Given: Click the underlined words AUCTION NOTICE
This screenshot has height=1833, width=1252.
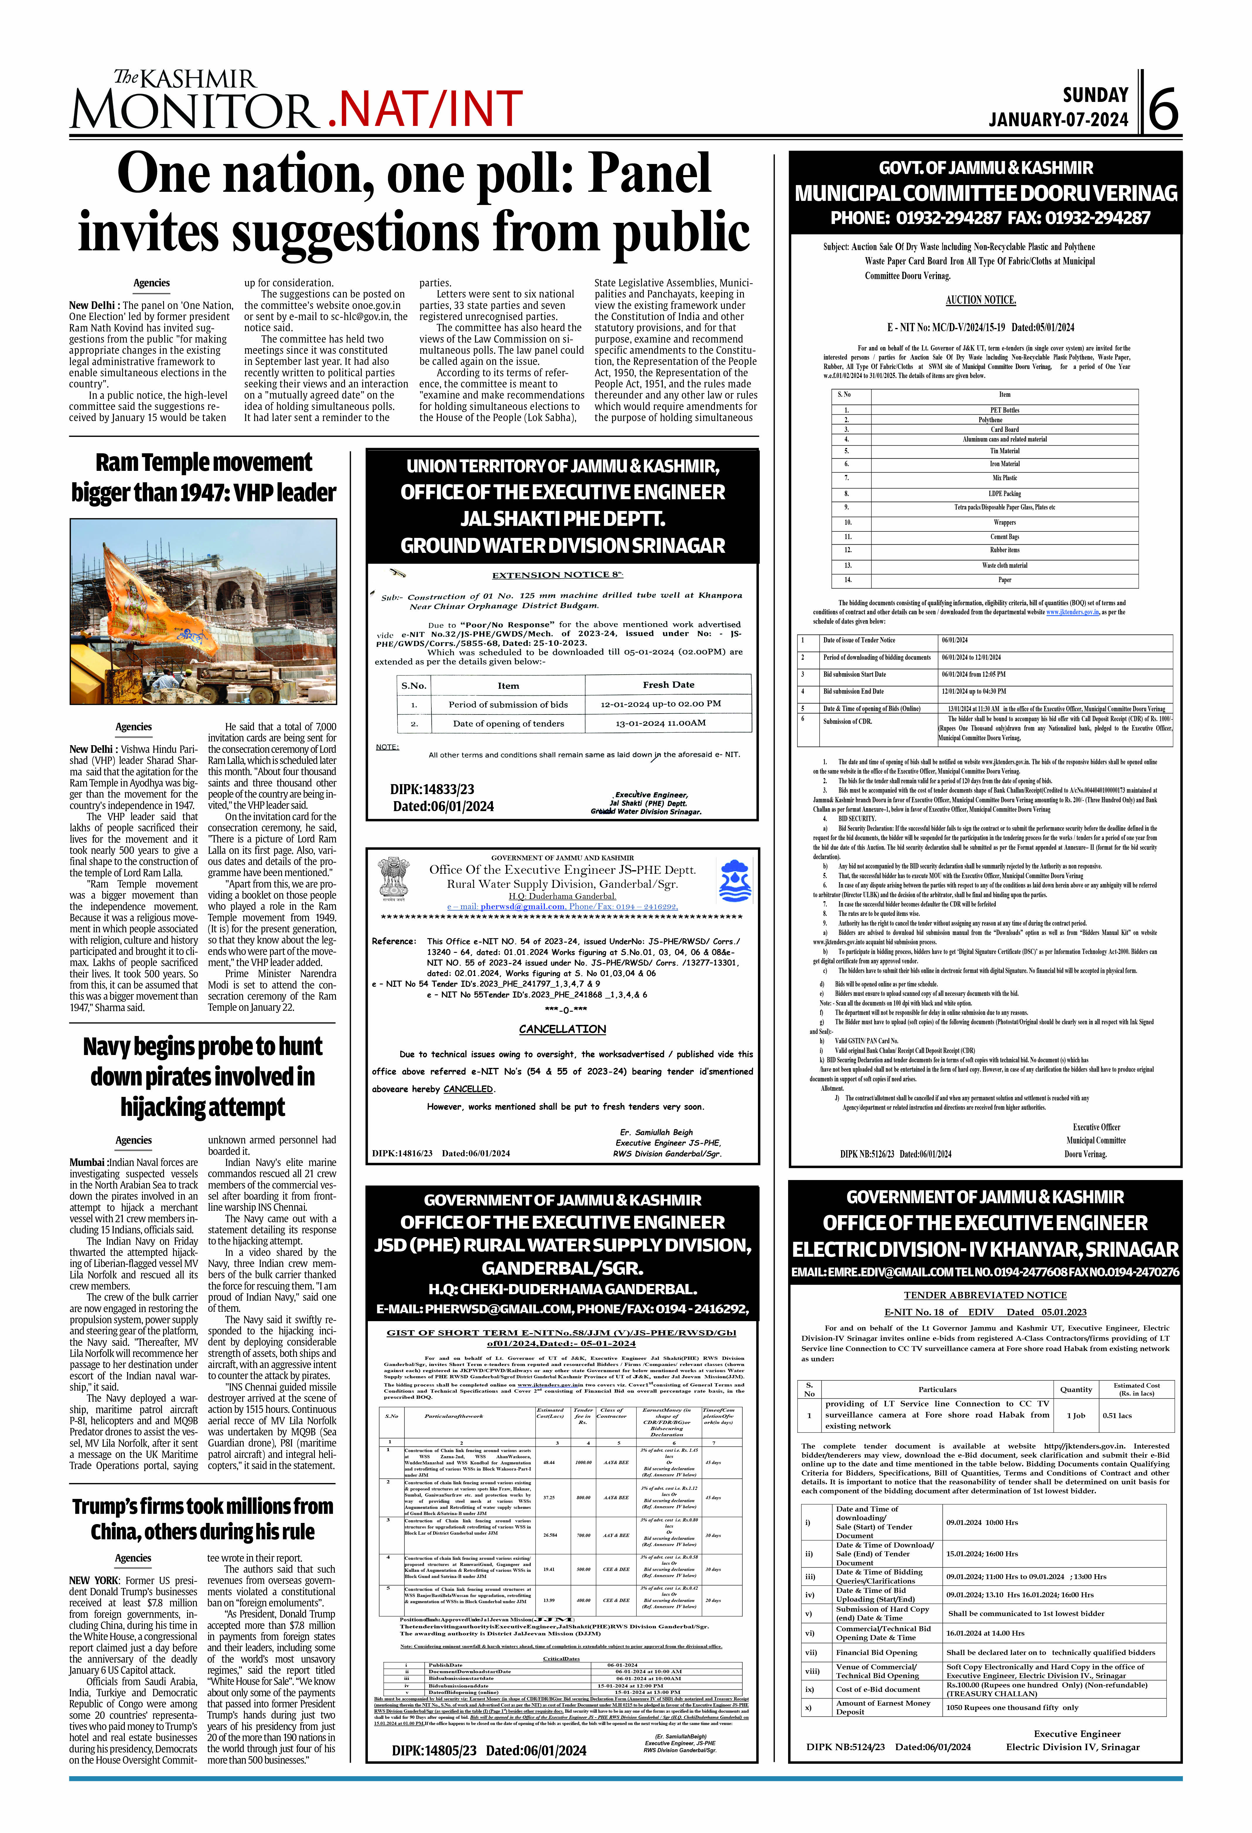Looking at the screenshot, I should tap(981, 300).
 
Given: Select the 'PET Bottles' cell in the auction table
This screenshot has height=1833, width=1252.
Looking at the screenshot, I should tap(1004, 410).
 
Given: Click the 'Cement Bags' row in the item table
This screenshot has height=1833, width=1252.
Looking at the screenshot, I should tap(1004, 536).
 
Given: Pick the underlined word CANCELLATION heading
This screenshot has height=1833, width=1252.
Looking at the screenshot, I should tap(563, 1029).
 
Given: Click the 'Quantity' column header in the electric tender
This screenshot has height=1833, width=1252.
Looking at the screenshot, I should tap(1076, 1389).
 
